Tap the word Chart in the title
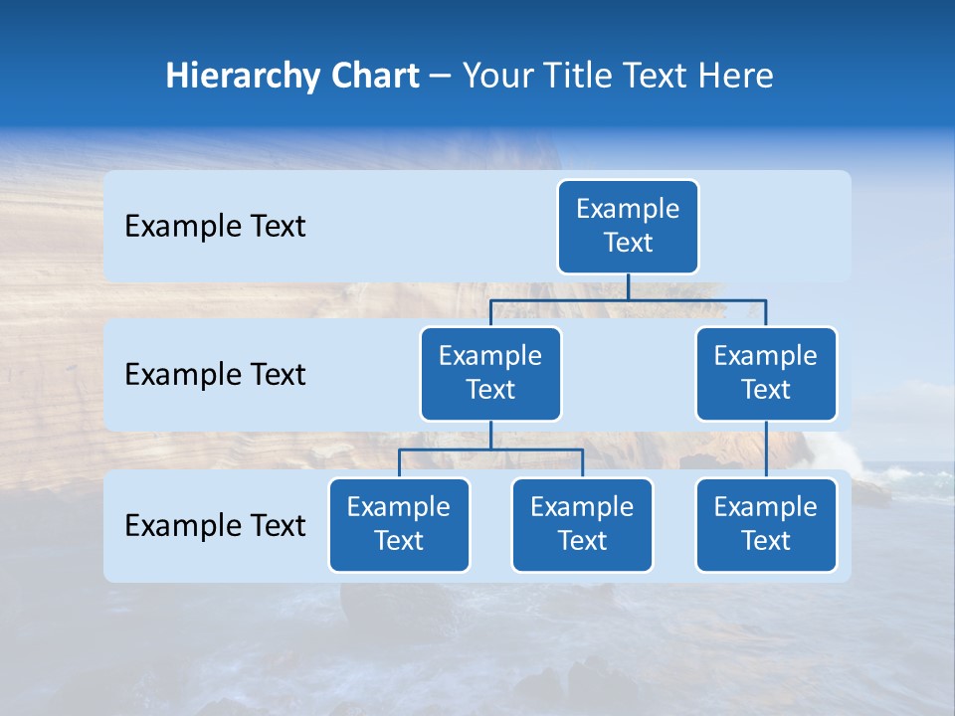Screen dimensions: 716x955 coord(370,76)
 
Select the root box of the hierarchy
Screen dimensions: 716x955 coord(628,226)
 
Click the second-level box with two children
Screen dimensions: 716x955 coord(490,373)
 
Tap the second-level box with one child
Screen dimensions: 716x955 coord(766,373)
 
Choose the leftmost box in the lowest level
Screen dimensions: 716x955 coord(399,524)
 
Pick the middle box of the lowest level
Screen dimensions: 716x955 coord(582,524)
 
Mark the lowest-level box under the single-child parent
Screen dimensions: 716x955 coord(766,524)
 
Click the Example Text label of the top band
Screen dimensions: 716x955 coord(215,227)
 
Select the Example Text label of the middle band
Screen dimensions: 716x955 coord(215,375)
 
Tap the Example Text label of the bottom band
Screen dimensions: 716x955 coord(215,525)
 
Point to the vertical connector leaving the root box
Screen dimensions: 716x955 coord(628,286)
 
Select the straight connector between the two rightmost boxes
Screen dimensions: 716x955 coord(766,449)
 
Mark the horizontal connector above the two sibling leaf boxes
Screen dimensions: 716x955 coord(490,449)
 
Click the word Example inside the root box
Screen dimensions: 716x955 coord(628,209)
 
